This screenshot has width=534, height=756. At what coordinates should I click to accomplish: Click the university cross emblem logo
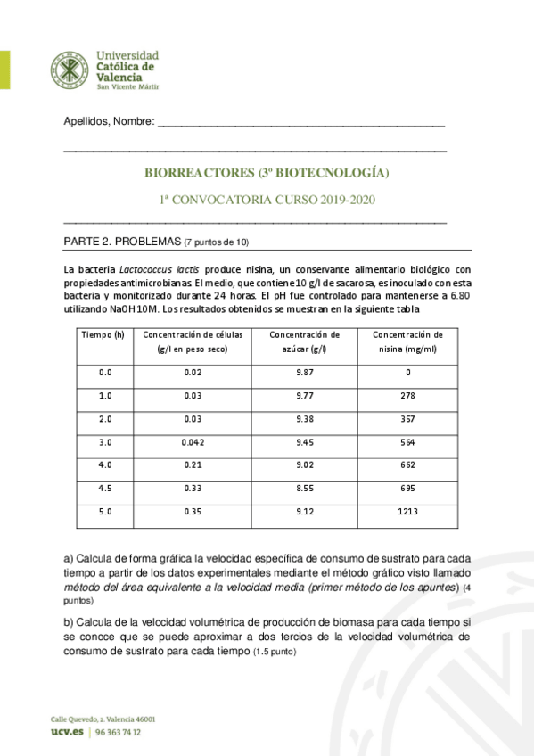pyautogui.click(x=72, y=70)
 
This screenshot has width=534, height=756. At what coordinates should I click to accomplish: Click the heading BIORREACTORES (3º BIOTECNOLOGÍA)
pyautogui.click(x=267, y=173)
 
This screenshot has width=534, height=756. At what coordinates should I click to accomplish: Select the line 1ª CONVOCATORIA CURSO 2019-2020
pyautogui.click(x=267, y=200)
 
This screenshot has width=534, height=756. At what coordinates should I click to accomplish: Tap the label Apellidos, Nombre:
pyautogui.click(x=109, y=121)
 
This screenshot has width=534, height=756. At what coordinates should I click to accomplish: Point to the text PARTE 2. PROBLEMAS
pyautogui.click(x=123, y=242)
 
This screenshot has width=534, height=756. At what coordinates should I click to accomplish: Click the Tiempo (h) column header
pyautogui.click(x=102, y=334)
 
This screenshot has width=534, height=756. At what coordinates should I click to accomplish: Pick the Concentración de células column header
pyautogui.click(x=192, y=341)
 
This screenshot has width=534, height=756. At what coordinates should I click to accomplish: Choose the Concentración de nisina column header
pyautogui.click(x=407, y=341)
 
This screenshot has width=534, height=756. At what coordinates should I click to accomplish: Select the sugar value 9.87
pyautogui.click(x=305, y=372)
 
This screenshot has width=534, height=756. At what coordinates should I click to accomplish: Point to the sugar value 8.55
pyautogui.click(x=305, y=489)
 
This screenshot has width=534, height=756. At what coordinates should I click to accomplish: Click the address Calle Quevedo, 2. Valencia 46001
pyautogui.click(x=102, y=717)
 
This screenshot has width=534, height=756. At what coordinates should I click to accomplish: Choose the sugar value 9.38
pyautogui.click(x=305, y=418)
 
